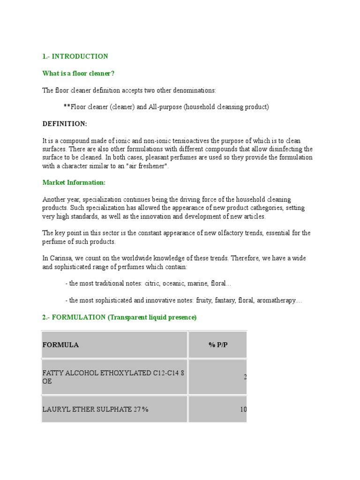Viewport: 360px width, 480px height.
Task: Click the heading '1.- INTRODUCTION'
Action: [x=75, y=56]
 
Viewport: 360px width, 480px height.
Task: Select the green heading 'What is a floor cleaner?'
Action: [x=78, y=73]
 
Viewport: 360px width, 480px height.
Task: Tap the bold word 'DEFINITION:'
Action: [x=65, y=124]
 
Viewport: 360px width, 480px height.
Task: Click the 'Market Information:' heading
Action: [x=74, y=182]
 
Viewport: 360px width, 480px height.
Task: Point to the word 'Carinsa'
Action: [x=60, y=259]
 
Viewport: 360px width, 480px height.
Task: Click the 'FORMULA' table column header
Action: [x=60, y=345]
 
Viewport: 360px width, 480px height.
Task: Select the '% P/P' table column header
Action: [x=218, y=345]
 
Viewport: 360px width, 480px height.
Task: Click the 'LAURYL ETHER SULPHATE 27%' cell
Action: [x=95, y=409]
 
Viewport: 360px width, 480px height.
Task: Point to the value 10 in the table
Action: [x=243, y=409]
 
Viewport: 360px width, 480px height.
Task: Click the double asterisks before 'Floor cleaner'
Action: [x=67, y=107]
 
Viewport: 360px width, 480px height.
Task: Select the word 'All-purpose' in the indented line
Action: [x=165, y=107]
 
